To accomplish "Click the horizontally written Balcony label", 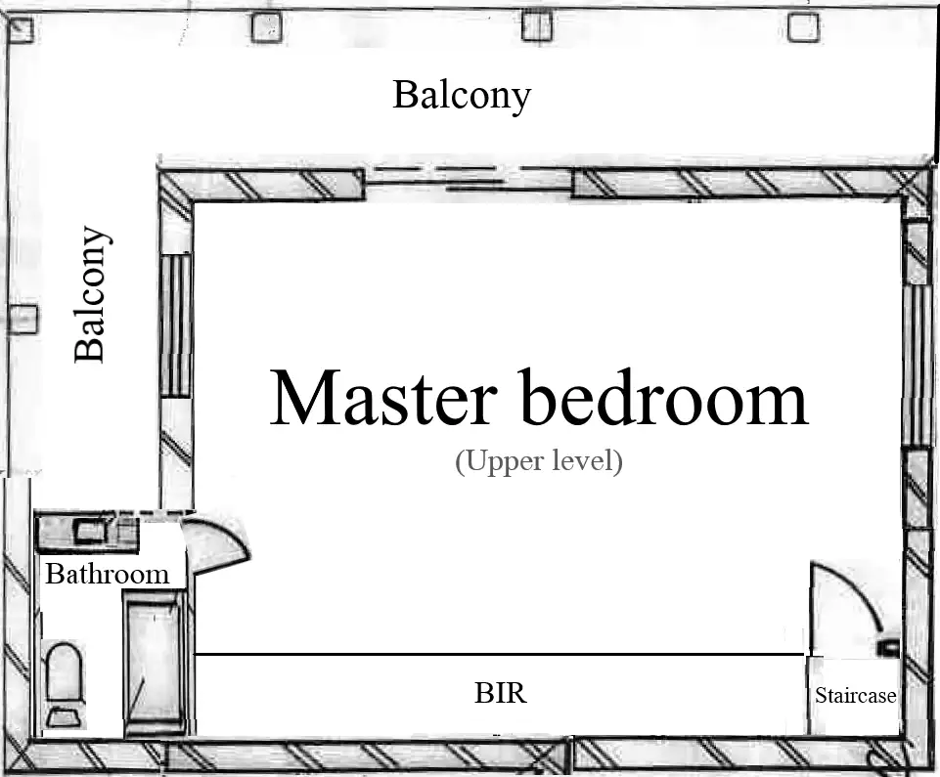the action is pos(462,96).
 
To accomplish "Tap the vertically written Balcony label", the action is pos(90,294).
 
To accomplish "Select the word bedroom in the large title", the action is pos(664,398).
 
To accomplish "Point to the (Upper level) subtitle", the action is pos(538,461).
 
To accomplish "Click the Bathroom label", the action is pos(107,574).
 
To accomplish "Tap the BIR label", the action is pos(500,694).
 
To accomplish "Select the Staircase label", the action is pos(855,696).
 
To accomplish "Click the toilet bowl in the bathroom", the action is pos(63,669).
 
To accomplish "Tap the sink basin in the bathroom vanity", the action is pos(91,533).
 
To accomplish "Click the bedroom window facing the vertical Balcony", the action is pos(174,324).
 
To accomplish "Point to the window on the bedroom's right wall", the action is pos(917,364).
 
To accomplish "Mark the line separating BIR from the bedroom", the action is pos(499,654).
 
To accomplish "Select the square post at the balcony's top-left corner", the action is pos(21,30).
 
